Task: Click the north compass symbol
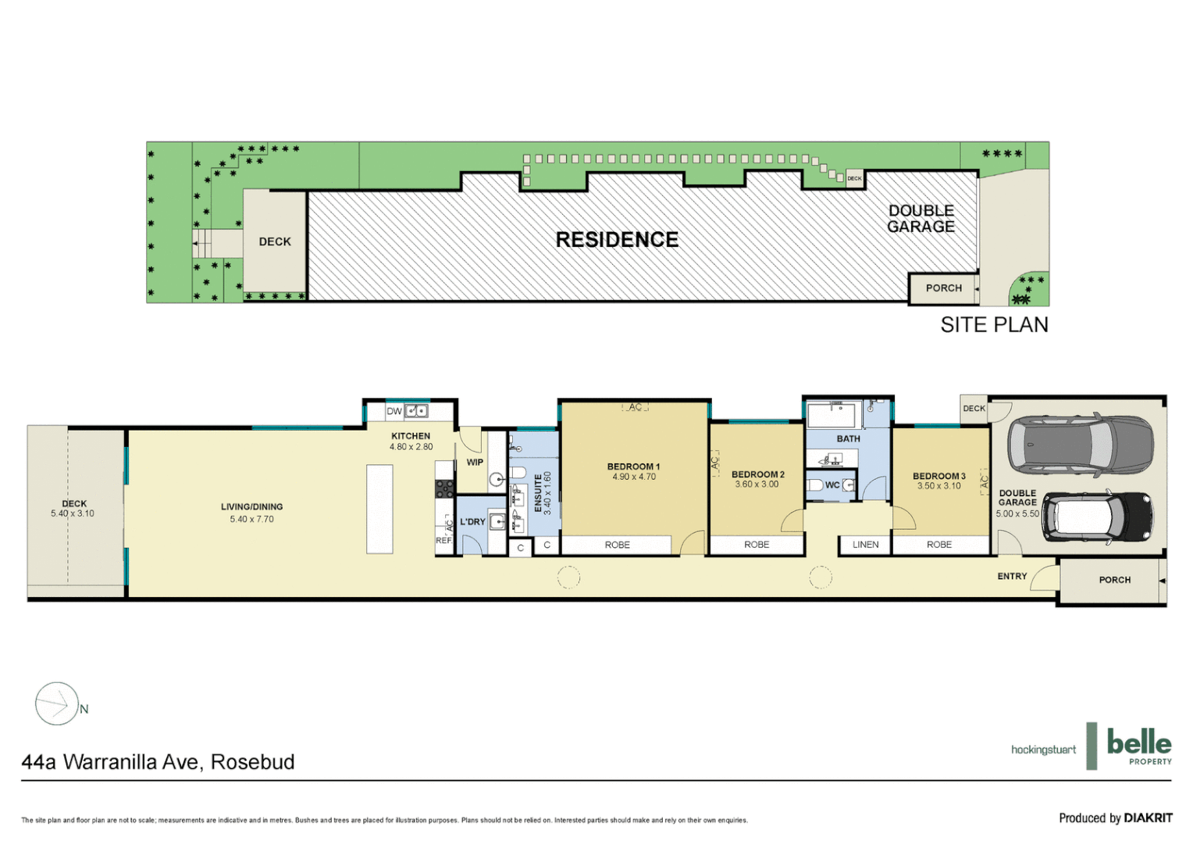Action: click(x=57, y=703)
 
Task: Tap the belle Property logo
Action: click(x=1138, y=746)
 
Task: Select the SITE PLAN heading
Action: click(x=993, y=325)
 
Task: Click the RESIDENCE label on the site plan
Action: click(x=617, y=240)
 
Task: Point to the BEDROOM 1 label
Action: click(x=633, y=467)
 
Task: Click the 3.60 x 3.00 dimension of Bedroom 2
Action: click(x=757, y=485)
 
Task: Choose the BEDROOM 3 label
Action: click(x=938, y=476)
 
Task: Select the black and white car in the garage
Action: click(x=1096, y=517)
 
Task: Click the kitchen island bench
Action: click(x=379, y=509)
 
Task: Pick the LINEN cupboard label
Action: click(x=865, y=545)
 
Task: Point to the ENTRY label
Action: click(x=1012, y=577)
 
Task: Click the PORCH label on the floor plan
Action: click(x=1114, y=580)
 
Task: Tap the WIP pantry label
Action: click(x=475, y=463)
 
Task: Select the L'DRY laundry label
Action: click(x=472, y=522)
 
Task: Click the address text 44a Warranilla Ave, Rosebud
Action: click(x=158, y=762)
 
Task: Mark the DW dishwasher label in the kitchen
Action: click(x=394, y=411)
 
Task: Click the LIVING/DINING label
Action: click(x=251, y=506)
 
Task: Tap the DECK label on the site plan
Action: click(x=275, y=242)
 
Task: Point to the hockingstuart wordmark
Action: click(x=1043, y=749)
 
